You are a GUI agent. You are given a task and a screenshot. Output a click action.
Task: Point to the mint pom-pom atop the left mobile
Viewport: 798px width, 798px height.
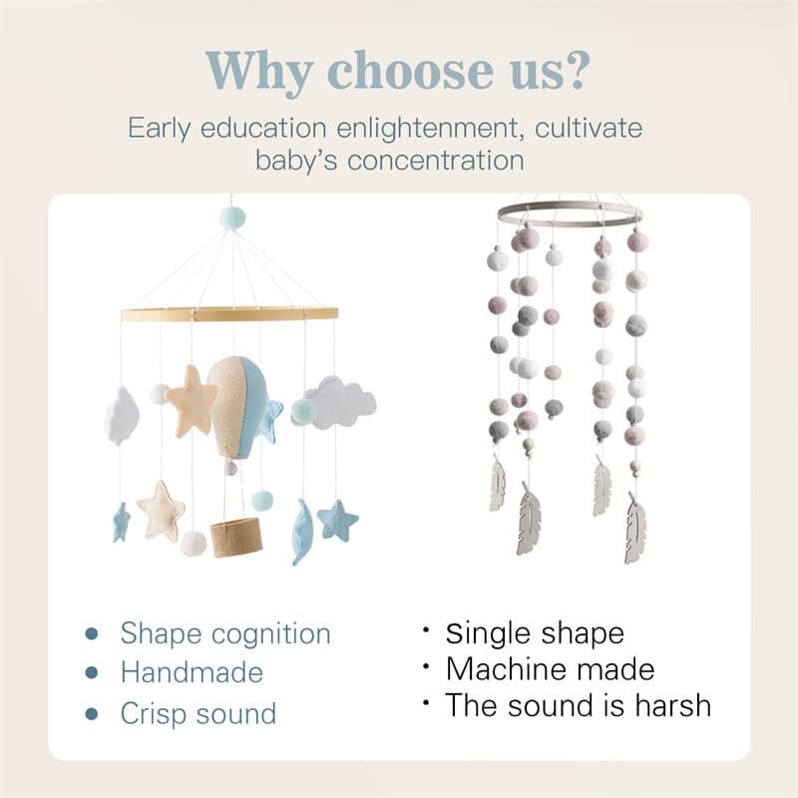(x=231, y=216)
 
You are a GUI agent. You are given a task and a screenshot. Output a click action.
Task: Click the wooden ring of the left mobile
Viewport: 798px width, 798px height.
(x=229, y=314)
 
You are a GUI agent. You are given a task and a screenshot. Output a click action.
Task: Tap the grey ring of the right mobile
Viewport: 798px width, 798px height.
(x=570, y=211)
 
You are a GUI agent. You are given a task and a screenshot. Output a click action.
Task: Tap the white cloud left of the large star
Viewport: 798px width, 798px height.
(x=122, y=415)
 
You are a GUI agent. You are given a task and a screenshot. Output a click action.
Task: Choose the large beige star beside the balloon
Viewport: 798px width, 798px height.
(x=192, y=400)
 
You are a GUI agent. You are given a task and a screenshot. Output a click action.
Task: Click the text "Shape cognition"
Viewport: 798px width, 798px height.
(x=225, y=633)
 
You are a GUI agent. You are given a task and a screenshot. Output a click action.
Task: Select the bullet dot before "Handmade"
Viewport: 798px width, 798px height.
(x=92, y=673)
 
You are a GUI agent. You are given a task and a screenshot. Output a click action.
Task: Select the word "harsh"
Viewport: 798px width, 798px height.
(x=667, y=705)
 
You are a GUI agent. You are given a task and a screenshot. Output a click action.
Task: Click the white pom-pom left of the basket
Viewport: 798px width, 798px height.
(x=193, y=544)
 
